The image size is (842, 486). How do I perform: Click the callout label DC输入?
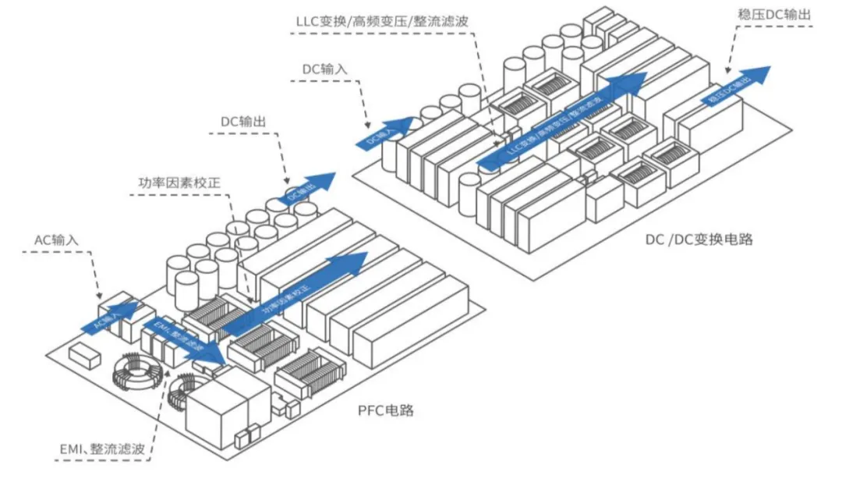[325, 69]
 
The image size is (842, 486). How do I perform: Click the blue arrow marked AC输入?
[108, 315]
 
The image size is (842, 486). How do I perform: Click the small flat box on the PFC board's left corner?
[84, 357]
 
